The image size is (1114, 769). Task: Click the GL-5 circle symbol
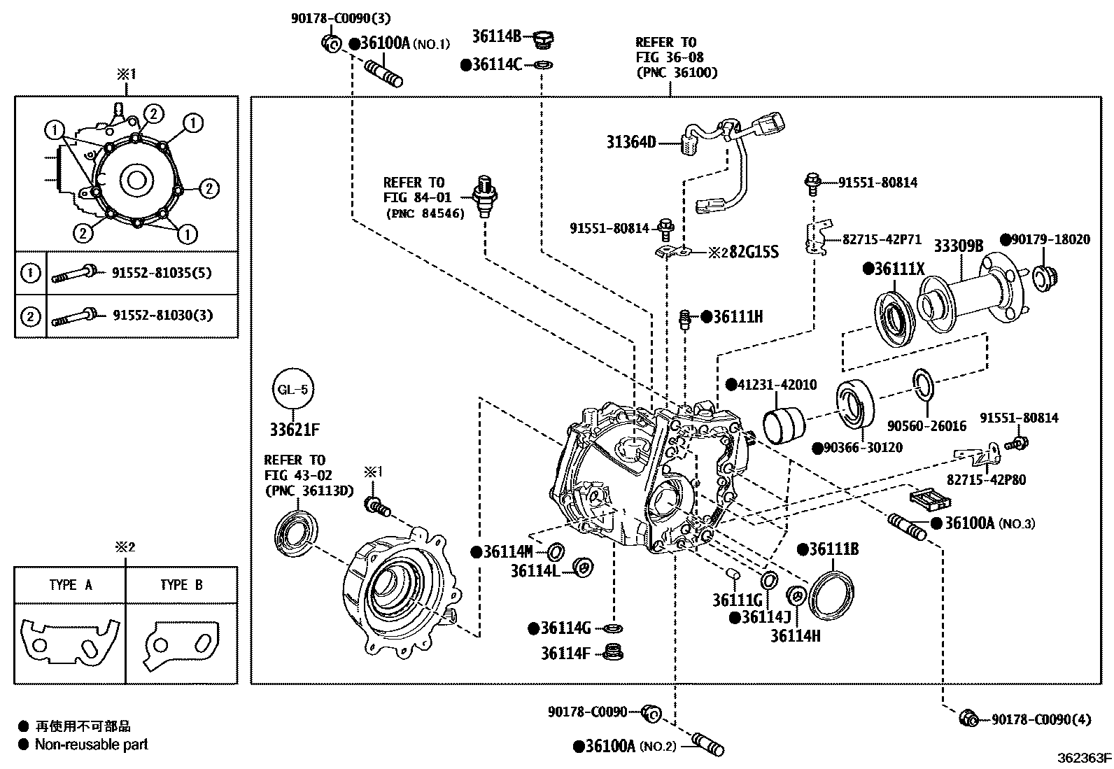point(292,389)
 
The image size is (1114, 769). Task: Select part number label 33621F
point(295,430)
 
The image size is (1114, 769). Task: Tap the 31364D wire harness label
point(631,143)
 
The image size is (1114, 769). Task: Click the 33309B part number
point(958,246)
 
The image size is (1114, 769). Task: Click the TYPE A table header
point(70,585)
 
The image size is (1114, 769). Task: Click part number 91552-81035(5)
point(162,273)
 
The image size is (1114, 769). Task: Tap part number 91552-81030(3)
point(162,316)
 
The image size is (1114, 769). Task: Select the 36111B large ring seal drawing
point(832,595)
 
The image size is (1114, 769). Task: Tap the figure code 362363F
point(1084,757)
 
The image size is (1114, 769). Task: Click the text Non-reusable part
point(92,745)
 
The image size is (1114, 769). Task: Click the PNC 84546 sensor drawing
point(484,196)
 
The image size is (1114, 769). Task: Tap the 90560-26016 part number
point(926,425)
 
